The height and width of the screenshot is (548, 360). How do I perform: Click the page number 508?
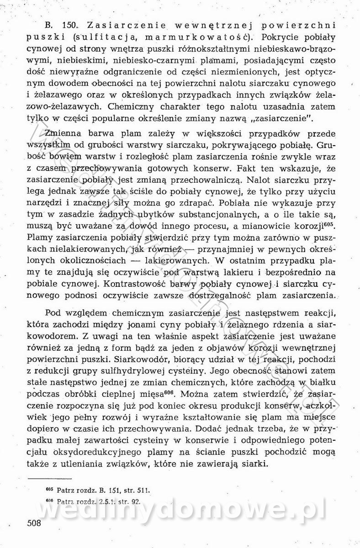[x=34, y=523]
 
